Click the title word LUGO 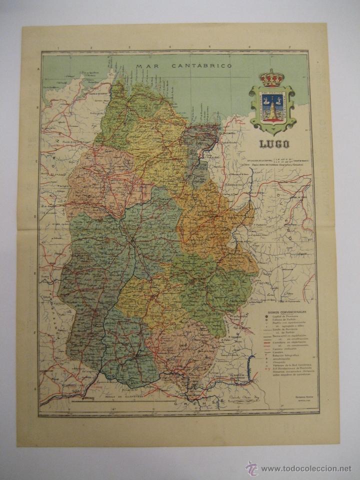click(x=273, y=145)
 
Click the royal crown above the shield click(x=272, y=78)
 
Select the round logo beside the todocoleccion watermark click(x=251, y=468)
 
